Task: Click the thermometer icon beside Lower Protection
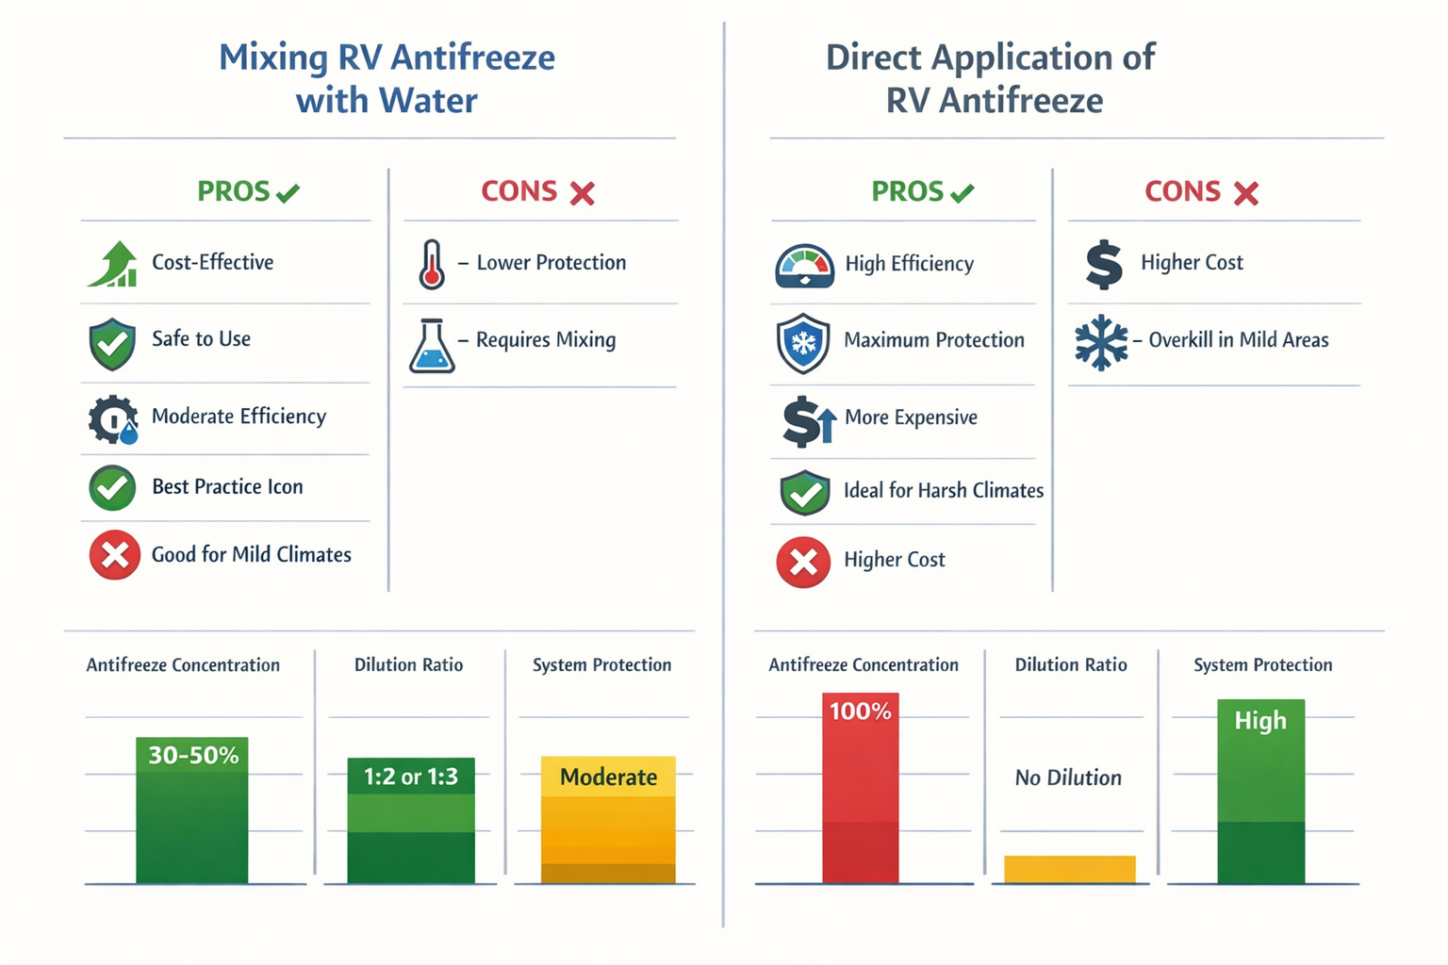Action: pyautogui.click(x=432, y=264)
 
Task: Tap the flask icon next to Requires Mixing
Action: pyautogui.click(x=432, y=346)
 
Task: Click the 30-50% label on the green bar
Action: pyautogui.click(x=193, y=755)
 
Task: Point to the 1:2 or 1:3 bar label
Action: pyautogui.click(x=411, y=777)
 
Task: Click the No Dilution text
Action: pyautogui.click(x=1068, y=777)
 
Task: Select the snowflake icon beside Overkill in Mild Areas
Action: pyautogui.click(x=1101, y=342)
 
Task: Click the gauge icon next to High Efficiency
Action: pyautogui.click(x=804, y=266)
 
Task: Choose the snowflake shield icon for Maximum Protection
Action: pyautogui.click(x=803, y=343)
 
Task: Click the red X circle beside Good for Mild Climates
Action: pyautogui.click(x=115, y=555)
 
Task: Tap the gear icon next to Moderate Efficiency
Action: pyautogui.click(x=113, y=419)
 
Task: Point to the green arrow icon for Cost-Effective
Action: pyautogui.click(x=113, y=265)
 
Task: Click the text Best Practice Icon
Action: pyautogui.click(x=227, y=487)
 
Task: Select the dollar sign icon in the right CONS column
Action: pyautogui.click(x=1103, y=264)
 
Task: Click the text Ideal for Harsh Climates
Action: pyautogui.click(x=943, y=490)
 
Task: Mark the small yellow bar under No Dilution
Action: pyautogui.click(x=1070, y=869)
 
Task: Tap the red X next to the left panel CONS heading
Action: pyautogui.click(x=583, y=193)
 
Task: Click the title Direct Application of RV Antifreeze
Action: pyautogui.click(x=992, y=78)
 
